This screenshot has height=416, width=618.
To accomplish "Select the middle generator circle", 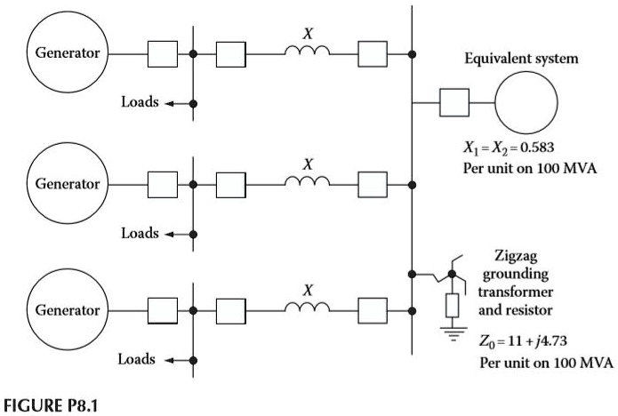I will click(x=67, y=183).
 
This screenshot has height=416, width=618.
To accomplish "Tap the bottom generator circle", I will click(x=67, y=310).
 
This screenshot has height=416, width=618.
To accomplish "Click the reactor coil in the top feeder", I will click(x=308, y=52).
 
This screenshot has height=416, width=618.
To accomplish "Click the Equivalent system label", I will click(x=521, y=60).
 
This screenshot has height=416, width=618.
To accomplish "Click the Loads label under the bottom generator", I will click(x=140, y=360).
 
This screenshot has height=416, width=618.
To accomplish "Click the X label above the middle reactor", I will click(x=308, y=164).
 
